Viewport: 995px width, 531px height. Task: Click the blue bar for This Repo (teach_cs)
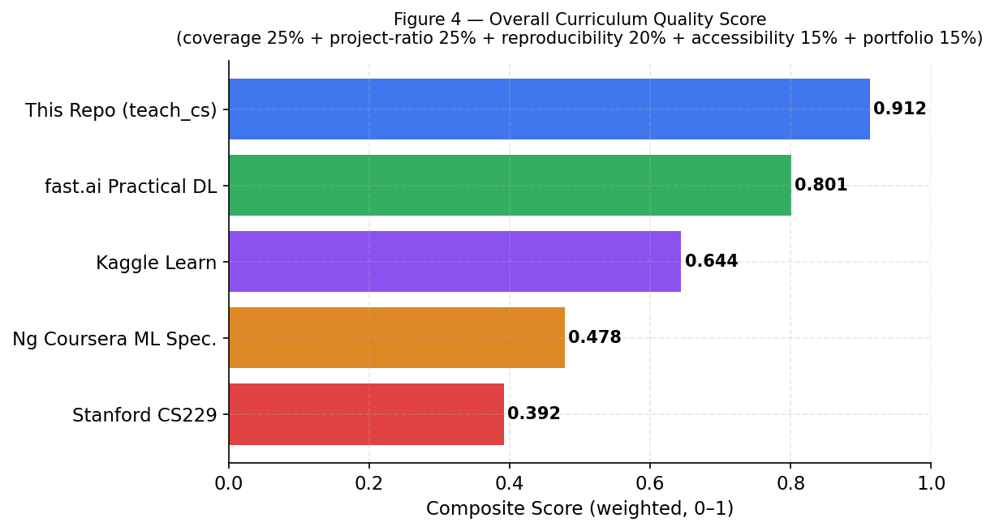coord(549,109)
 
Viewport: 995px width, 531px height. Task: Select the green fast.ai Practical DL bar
coord(510,186)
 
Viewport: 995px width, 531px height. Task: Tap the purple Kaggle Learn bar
coord(454,262)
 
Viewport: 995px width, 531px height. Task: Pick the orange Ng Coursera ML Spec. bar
coord(396,338)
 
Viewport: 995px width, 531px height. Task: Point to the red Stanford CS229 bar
coord(366,414)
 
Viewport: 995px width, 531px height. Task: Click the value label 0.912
coord(899,109)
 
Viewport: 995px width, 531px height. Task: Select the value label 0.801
coord(821,186)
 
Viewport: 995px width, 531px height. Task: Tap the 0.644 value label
coord(711,262)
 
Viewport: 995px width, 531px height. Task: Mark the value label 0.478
coord(594,338)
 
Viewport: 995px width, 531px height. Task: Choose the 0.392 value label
coord(533,414)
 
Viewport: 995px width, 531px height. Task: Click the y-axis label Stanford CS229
coord(144,416)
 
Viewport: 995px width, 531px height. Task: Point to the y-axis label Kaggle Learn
coord(156,263)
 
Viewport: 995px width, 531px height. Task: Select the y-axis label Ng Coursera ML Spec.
coord(114,340)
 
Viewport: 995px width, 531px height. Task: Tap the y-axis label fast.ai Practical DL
coord(131,187)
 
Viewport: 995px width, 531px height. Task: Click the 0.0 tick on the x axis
coord(229,483)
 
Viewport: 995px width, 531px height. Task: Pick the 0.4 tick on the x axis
coord(510,483)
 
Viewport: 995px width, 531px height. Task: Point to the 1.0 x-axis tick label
coord(931,483)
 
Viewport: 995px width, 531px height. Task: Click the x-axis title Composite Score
coord(579,509)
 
